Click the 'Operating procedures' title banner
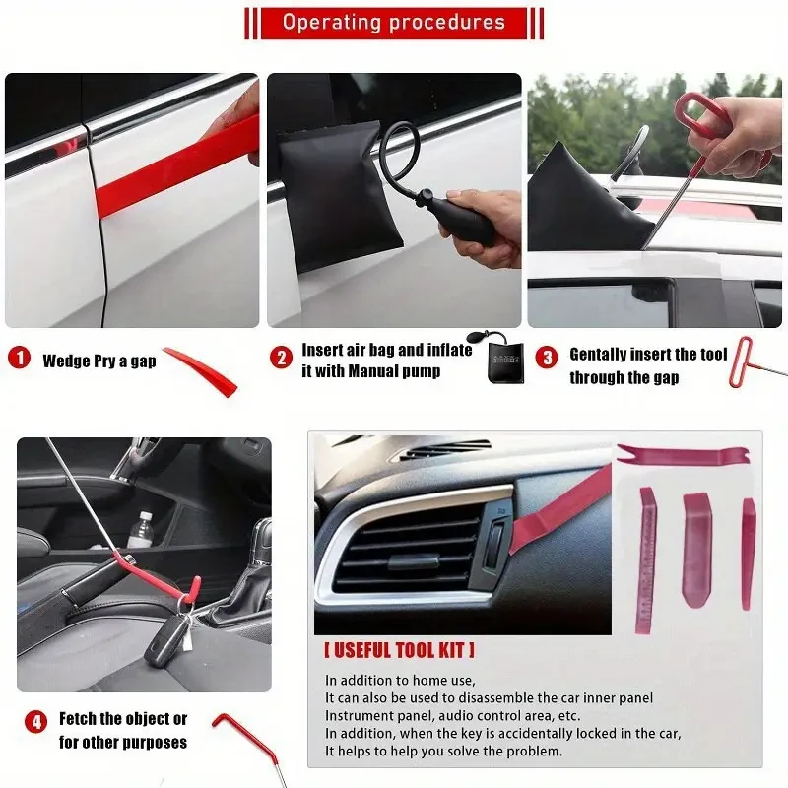click(x=394, y=23)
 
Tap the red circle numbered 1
click(x=20, y=359)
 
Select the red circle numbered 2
click(x=282, y=359)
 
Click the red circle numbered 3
click(x=547, y=359)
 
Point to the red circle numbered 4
click(x=36, y=721)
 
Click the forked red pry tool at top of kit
click(x=680, y=454)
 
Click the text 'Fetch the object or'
click(x=123, y=719)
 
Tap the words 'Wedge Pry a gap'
click(x=98, y=361)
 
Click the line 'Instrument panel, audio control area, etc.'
click(x=453, y=716)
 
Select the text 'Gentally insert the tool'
click(x=648, y=355)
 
